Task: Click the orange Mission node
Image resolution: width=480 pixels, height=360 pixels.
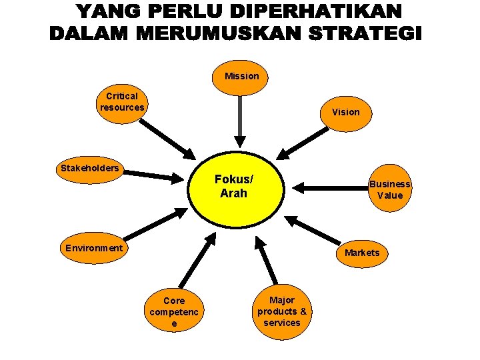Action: [x=241, y=76]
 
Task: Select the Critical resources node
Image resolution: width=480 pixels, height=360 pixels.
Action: [x=122, y=101]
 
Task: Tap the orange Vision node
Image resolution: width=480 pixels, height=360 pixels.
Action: [x=345, y=112]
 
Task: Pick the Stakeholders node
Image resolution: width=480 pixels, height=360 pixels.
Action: [x=90, y=168]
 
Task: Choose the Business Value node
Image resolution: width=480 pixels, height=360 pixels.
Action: [x=390, y=189]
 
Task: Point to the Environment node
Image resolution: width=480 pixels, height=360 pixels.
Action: [x=94, y=248]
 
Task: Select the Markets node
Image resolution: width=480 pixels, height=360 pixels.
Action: [x=362, y=253]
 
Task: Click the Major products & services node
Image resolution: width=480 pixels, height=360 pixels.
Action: [x=282, y=311]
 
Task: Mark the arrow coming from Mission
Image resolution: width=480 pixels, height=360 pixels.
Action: [x=239, y=120]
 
